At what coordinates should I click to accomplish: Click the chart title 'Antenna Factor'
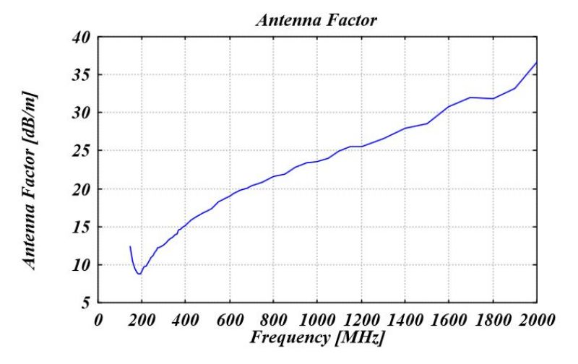pyautogui.click(x=317, y=21)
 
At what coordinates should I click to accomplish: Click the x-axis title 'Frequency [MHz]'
pyautogui.click(x=317, y=338)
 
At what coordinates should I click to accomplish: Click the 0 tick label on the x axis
pyautogui.click(x=99, y=318)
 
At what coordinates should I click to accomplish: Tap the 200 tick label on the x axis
pyautogui.click(x=142, y=318)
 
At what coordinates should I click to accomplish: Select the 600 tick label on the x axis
pyautogui.click(x=230, y=318)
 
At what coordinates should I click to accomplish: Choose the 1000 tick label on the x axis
pyautogui.click(x=317, y=318)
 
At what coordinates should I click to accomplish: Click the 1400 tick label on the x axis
pyautogui.click(x=405, y=318)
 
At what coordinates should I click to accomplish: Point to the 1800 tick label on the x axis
pyautogui.click(x=492, y=318)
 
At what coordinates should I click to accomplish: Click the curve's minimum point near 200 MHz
pyautogui.click(x=139, y=274)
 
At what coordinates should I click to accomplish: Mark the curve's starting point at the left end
pyautogui.click(x=131, y=246)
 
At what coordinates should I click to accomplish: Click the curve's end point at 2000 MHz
pyautogui.click(x=536, y=62)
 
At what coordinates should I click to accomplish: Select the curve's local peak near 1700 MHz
pyautogui.click(x=471, y=97)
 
